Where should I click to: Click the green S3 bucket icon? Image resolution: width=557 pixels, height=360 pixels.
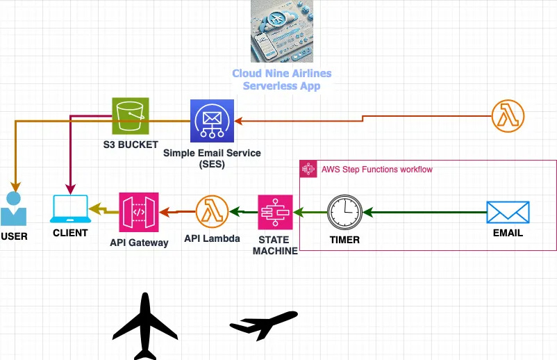[x=131, y=116]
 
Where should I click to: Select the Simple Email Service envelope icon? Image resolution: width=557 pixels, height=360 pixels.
[x=212, y=121]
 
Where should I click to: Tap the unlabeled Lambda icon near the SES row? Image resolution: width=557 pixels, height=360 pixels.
[x=508, y=116]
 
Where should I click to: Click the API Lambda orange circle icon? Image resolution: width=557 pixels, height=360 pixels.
[x=212, y=212]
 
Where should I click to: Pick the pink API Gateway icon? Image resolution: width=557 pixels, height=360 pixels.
[x=139, y=212]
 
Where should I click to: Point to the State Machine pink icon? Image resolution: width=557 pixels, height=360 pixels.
[x=275, y=212]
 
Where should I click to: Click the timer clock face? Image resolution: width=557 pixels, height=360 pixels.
[x=344, y=212]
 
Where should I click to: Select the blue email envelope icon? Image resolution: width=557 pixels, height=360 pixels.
[x=508, y=212]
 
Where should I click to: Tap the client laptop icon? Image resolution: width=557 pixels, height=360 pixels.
[x=70, y=209]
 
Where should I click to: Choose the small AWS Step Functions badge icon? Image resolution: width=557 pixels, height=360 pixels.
[x=308, y=169]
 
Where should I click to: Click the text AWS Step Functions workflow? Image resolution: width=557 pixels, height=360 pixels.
[x=377, y=170]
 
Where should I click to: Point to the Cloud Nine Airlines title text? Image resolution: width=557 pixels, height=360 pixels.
[x=282, y=80]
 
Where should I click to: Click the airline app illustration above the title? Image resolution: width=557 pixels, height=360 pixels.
[x=282, y=31]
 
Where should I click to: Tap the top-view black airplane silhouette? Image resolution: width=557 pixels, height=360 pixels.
[x=145, y=326]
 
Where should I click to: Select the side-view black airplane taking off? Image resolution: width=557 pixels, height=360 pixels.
[x=264, y=324]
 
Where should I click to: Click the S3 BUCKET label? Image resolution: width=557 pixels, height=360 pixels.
[x=131, y=145]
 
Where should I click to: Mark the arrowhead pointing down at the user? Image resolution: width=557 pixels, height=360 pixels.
[x=15, y=187]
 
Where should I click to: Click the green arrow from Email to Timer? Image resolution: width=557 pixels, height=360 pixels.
[x=425, y=213]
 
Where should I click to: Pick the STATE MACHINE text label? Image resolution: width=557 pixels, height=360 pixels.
[x=275, y=245]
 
